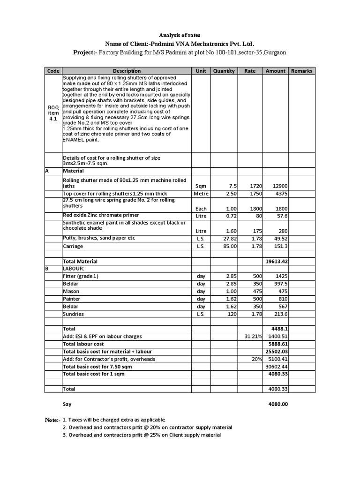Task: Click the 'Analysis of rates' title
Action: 180,35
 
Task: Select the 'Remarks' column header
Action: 301,71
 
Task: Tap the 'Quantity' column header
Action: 224,71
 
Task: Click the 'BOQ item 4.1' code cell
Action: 53,113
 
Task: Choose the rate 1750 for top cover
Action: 249,194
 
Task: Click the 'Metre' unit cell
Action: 201,194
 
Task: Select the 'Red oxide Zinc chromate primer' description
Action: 101,215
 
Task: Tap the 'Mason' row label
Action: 71,291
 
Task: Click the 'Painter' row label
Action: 71,299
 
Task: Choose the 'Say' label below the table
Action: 67,404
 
